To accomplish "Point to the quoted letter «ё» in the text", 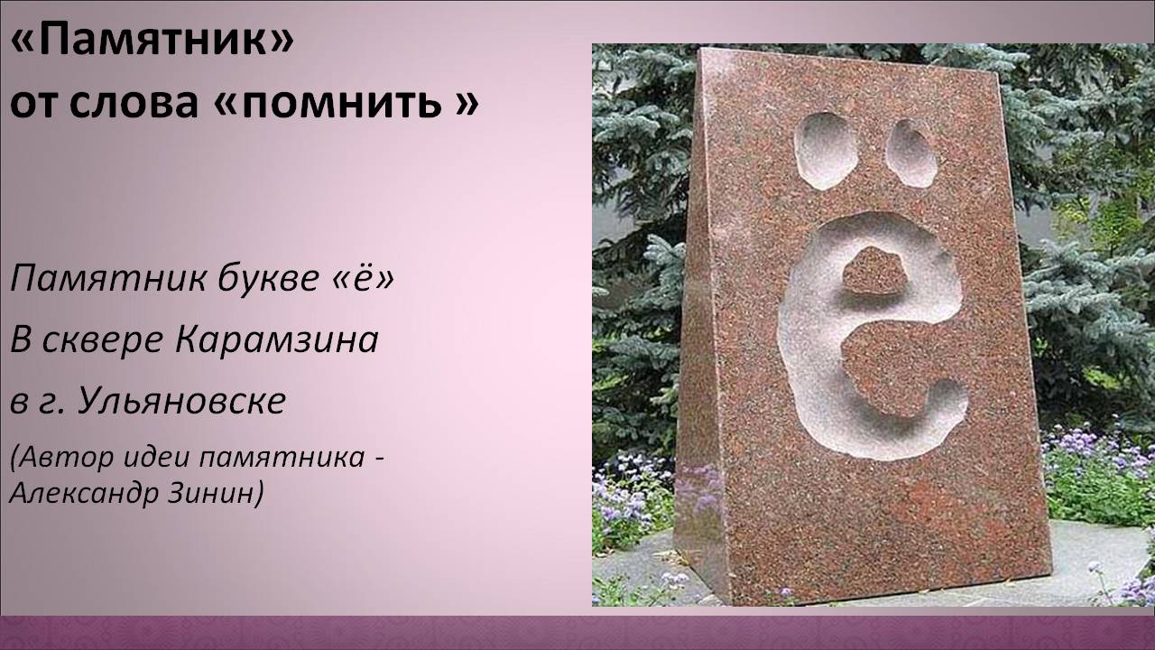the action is (x=363, y=279).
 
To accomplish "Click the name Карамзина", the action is (x=277, y=339).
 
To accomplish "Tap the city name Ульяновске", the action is (x=182, y=401).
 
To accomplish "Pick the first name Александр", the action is (x=84, y=493).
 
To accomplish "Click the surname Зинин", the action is (x=215, y=493).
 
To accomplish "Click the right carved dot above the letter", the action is (x=911, y=153).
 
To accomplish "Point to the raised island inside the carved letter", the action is (x=875, y=271).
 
